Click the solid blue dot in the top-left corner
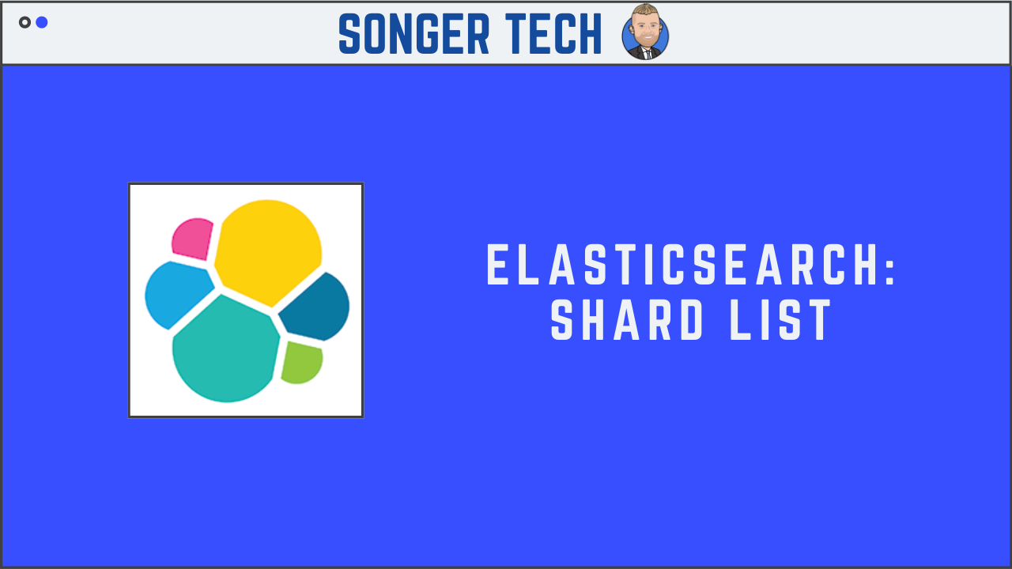[42, 22]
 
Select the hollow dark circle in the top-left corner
[25, 22]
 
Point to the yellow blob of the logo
[267, 249]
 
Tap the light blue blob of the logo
[175, 292]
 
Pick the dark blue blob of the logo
[317, 308]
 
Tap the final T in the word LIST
[821, 320]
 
